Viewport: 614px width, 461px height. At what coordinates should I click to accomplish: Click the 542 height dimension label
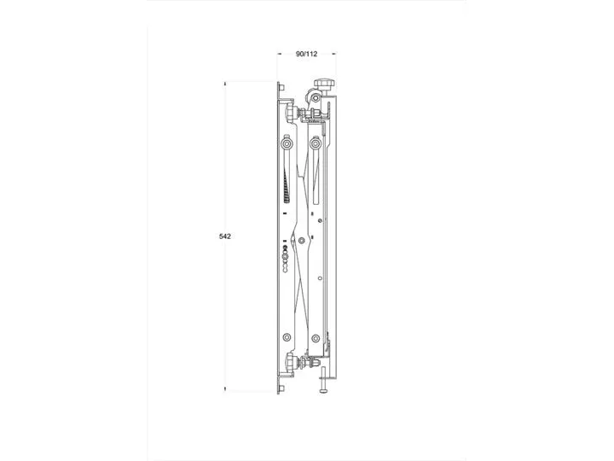coord(225,236)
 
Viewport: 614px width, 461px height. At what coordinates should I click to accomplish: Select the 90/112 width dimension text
coord(307,54)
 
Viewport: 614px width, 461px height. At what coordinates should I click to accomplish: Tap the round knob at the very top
coord(325,83)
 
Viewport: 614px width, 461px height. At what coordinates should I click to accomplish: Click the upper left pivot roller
coord(287,144)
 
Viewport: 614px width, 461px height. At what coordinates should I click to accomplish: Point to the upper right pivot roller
coord(316,144)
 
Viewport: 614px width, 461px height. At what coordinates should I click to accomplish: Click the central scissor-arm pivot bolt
coord(302,240)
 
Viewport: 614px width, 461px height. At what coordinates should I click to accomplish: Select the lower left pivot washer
coord(287,337)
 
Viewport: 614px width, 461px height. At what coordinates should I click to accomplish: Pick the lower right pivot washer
coord(316,338)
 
